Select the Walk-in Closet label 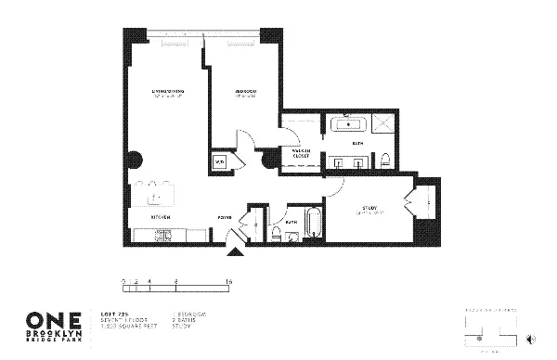point(300,153)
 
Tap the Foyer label point(225,219)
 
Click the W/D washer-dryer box point(221,161)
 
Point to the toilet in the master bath point(383,161)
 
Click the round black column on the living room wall point(135,158)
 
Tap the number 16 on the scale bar point(227,279)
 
